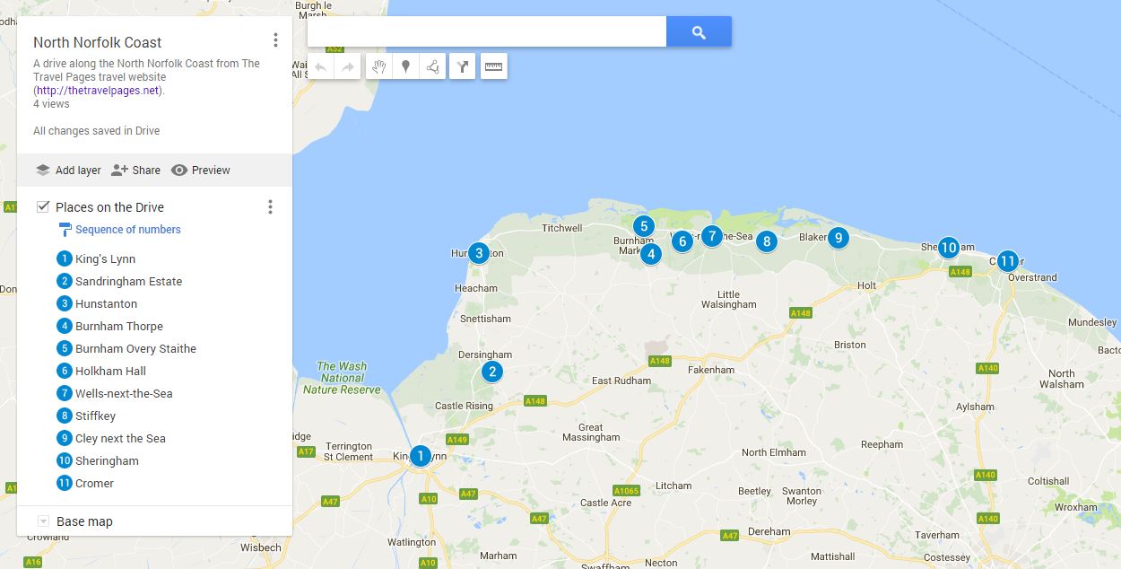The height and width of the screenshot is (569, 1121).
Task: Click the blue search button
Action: click(x=699, y=33)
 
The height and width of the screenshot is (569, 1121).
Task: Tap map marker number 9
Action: click(x=838, y=238)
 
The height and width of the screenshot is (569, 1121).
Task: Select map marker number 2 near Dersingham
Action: click(x=491, y=372)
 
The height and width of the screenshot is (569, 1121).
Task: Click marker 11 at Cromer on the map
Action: click(x=1007, y=261)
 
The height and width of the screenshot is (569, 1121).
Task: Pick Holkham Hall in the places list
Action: click(x=110, y=371)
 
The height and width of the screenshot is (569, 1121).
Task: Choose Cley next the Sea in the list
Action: click(x=120, y=438)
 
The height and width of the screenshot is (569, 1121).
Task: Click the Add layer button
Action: click(x=68, y=171)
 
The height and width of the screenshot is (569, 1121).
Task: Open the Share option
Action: click(x=135, y=171)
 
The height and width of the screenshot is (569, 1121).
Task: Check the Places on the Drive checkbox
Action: click(x=43, y=207)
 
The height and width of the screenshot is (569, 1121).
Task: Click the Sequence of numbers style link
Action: click(x=127, y=230)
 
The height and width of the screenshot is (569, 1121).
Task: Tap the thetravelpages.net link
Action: click(x=98, y=91)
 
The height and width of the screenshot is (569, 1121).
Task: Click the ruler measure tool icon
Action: click(x=493, y=66)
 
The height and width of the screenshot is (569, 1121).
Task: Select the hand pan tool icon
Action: click(x=379, y=66)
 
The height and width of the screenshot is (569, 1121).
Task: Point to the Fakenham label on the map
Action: click(x=710, y=370)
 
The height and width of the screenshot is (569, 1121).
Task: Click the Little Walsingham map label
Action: click(x=729, y=300)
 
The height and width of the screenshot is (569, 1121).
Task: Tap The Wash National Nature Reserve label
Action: click(x=342, y=378)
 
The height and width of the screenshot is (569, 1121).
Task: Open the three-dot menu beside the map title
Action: click(x=275, y=40)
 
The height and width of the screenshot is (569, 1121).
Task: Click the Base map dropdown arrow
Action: click(x=43, y=521)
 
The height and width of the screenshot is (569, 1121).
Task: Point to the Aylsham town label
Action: click(x=975, y=407)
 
